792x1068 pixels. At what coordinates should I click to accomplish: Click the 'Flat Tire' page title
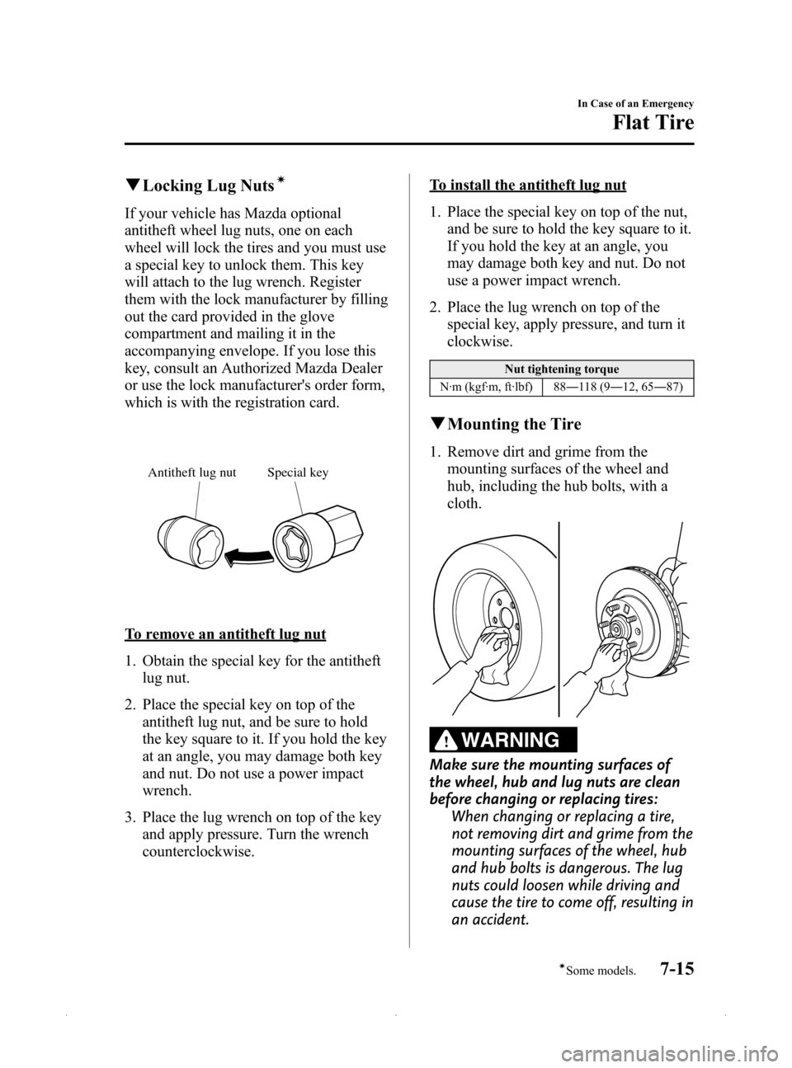653,123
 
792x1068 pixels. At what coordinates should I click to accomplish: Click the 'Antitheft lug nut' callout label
191,473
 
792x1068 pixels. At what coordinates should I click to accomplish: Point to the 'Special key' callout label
298,473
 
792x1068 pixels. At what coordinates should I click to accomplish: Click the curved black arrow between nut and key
248,557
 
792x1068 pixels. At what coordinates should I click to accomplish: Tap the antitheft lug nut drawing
191,544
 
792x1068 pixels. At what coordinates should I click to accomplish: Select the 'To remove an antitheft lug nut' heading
225,633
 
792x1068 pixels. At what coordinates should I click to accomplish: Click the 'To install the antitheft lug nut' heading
527,185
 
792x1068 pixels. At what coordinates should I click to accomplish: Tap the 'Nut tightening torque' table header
561,369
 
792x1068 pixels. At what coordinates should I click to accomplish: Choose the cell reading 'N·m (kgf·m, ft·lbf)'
486,387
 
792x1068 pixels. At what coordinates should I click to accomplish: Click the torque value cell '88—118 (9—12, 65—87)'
618,387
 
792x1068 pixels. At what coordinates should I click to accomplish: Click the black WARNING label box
503,739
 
